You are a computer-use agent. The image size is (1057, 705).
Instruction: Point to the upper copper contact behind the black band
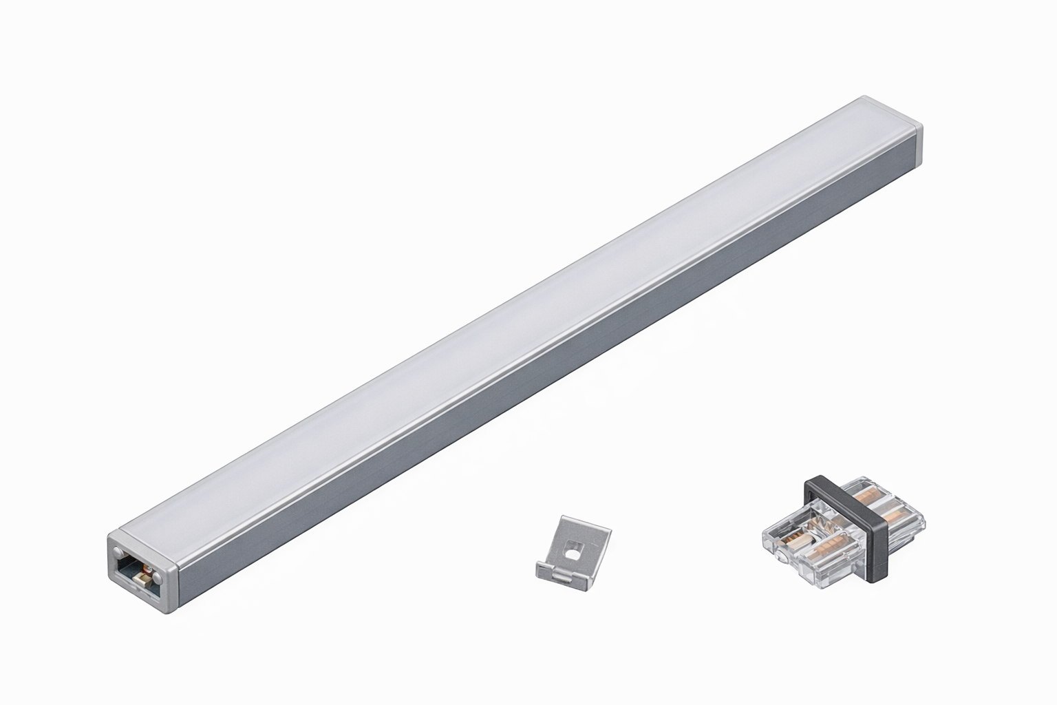click(868, 497)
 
